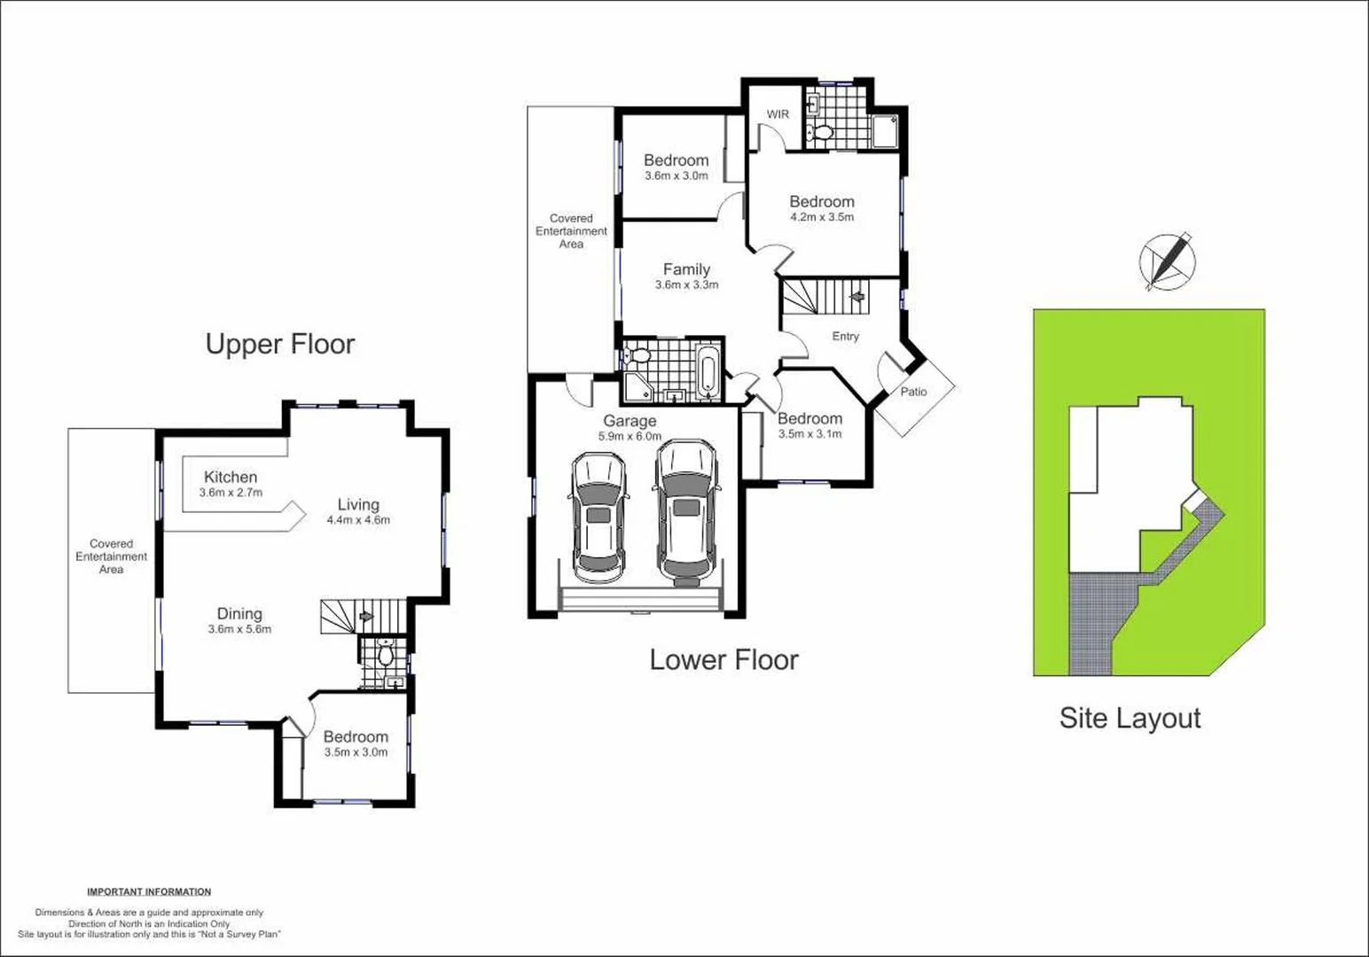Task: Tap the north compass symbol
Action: click(x=1167, y=261)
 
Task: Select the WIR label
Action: click(x=778, y=114)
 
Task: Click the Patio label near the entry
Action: click(x=913, y=392)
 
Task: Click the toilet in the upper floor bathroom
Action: click(x=386, y=655)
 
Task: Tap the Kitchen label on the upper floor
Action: click(x=231, y=477)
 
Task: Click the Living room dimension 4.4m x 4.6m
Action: click(x=358, y=520)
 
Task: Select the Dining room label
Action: click(x=239, y=613)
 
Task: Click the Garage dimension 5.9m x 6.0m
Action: click(x=630, y=436)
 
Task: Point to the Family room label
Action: click(x=686, y=269)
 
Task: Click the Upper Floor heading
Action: click(x=280, y=344)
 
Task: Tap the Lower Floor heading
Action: click(x=724, y=659)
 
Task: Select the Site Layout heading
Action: click(x=1130, y=718)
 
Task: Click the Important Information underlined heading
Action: click(x=149, y=891)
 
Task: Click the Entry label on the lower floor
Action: click(x=845, y=337)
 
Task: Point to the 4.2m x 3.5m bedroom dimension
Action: click(x=822, y=217)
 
